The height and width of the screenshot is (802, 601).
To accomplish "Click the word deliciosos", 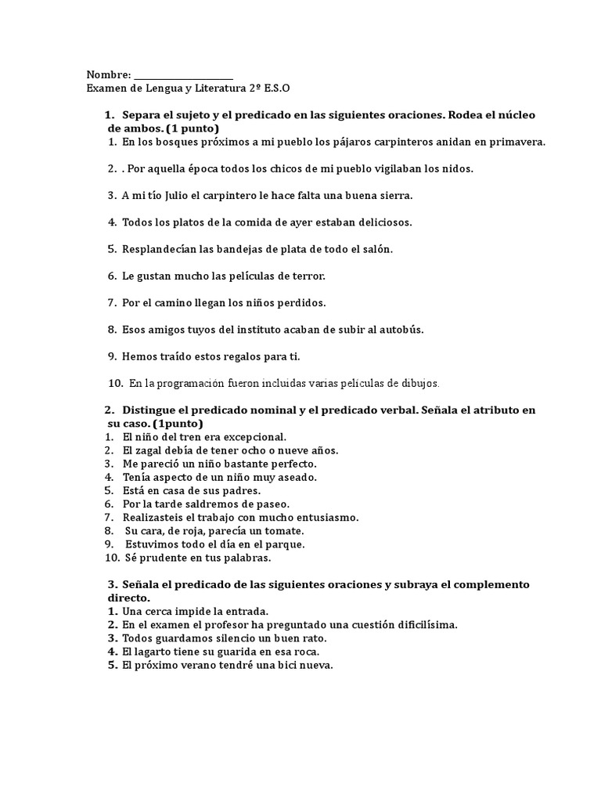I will point(380,222).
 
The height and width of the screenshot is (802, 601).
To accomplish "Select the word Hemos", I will point(139,356).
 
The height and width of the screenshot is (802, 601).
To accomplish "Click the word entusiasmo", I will point(322,517).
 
